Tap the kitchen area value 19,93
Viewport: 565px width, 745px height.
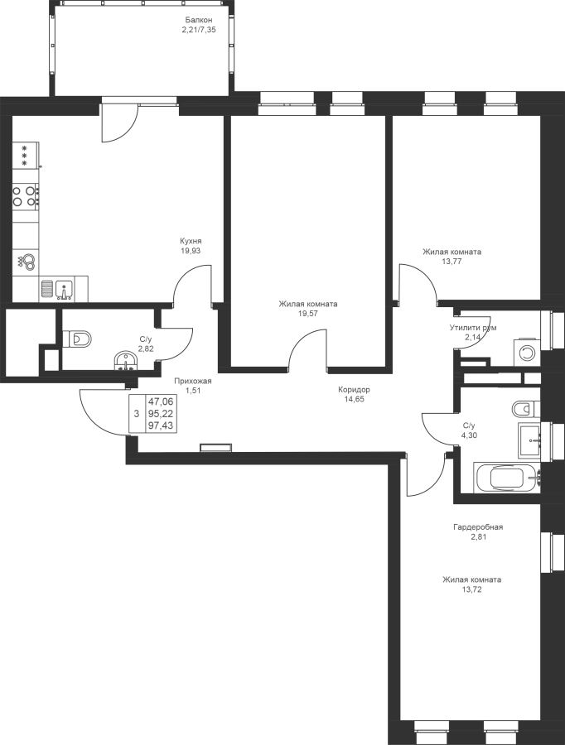click(191, 250)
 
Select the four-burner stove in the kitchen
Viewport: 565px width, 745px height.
click(26, 195)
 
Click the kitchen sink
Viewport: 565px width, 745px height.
click(64, 289)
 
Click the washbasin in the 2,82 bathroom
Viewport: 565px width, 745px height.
click(126, 360)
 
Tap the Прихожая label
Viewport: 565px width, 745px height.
click(192, 381)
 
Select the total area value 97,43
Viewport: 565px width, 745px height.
click(161, 425)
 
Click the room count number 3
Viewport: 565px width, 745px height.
click(137, 414)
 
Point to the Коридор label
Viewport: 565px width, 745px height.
click(354, 390)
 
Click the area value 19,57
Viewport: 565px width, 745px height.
click(307, 313)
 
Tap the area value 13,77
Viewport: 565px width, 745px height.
click(452, 261)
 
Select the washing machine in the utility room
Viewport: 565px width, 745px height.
click(527, 352)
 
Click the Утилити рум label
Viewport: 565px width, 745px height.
click(473, 328)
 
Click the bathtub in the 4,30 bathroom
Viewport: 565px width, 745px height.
click(508, 478)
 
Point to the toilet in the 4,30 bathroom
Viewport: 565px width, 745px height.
click(526, 408)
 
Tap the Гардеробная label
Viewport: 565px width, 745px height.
click(478, 527)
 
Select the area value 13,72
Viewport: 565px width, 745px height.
click(471, 589)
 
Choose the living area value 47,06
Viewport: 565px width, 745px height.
click(161, 401)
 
